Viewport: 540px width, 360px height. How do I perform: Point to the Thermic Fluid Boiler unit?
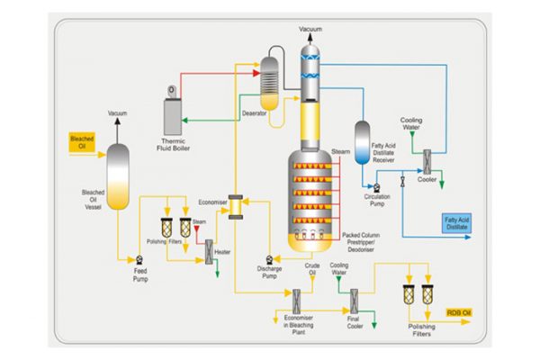click(173, 112)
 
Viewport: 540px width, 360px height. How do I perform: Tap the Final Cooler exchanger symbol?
click(354, 298)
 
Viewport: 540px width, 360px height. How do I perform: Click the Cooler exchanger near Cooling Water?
click(427, 162)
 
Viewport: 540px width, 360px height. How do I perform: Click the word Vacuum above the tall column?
click(310, 30)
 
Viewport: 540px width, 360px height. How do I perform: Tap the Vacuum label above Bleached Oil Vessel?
click(119, 113)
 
